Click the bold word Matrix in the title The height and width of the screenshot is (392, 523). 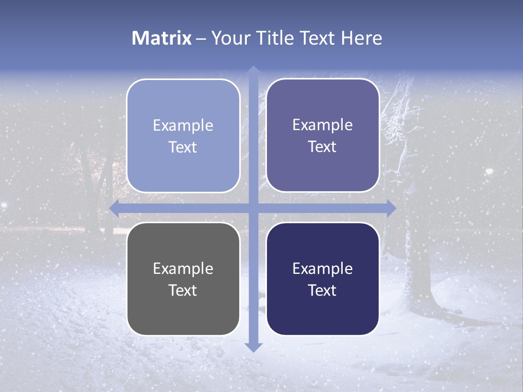click(162, 38)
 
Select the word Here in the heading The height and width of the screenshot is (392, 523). click(362, 38)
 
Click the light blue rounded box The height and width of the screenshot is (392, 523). click(183, 136)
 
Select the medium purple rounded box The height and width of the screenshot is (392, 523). click(323, 135)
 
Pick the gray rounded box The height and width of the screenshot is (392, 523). click(183, 279)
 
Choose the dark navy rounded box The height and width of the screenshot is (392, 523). click(323, 279)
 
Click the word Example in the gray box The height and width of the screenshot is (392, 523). click(183, 268)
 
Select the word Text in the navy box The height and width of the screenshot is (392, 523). click(323, 290)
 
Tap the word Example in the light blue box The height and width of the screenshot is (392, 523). click(183, 125)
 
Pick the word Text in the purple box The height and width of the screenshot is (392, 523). click(323, 146)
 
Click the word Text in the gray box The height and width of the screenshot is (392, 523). click(183, 290)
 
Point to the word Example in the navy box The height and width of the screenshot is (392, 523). click(323, 268)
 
